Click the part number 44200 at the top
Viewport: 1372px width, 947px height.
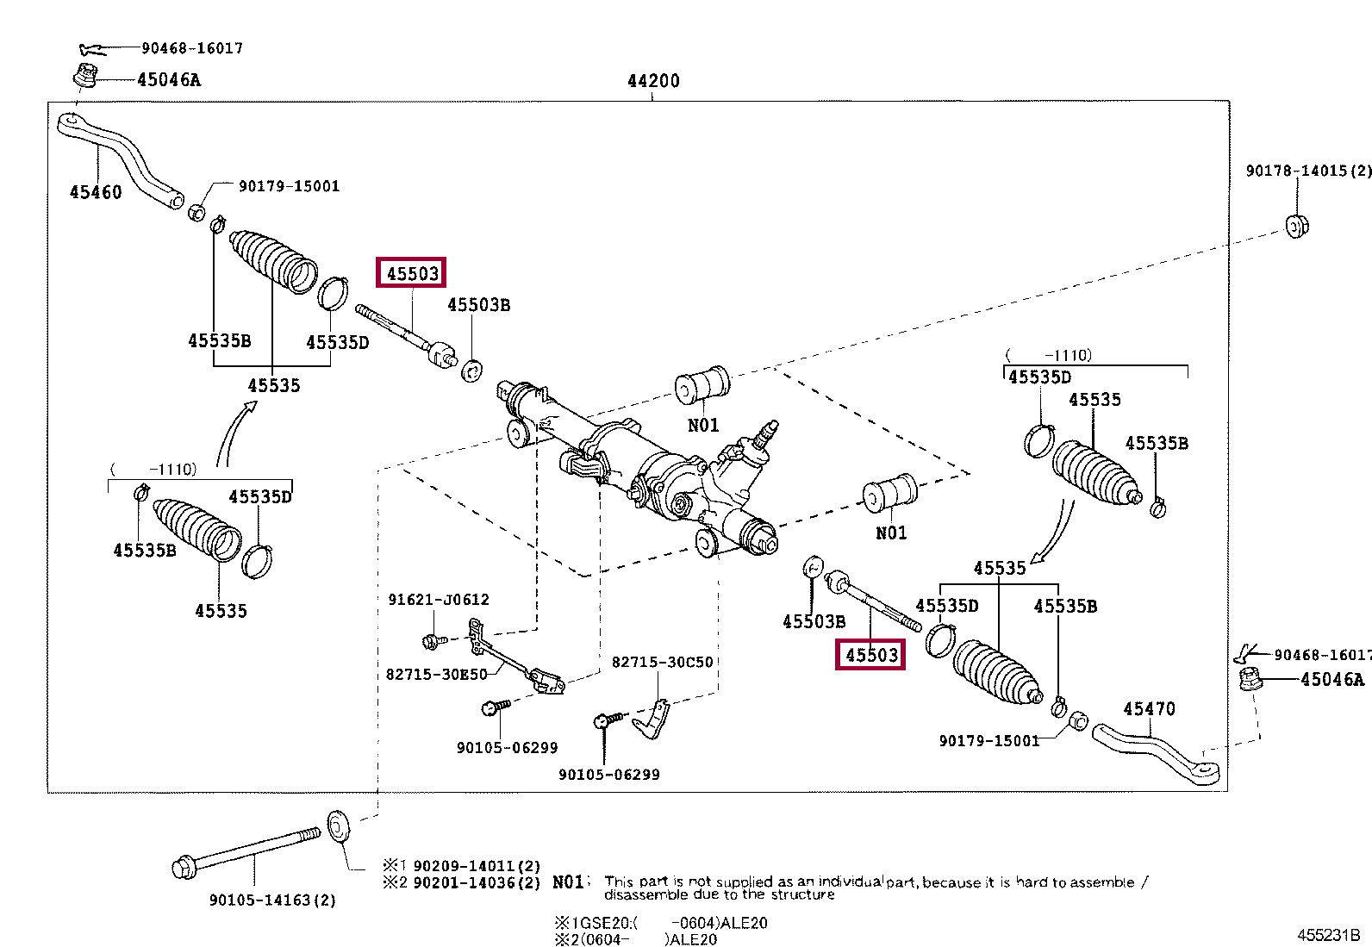coord(653,81)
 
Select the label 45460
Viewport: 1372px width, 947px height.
coord(96,192)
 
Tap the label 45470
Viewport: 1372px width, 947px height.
coord(1149,708)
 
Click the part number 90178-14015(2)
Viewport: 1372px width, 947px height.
coord(1308,171)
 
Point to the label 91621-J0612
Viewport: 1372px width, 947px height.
coord(439,599)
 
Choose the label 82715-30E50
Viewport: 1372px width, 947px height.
coord(436,675)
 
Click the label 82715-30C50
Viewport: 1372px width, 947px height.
coord(662,662)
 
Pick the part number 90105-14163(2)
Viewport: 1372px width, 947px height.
coord(272,900)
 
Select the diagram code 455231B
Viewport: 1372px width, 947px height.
coord(1329,935)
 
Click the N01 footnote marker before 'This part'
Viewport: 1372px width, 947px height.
coord(568,882)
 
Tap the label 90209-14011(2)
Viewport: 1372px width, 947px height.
coord(477,866)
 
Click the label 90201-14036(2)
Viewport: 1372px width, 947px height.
coord(477,882)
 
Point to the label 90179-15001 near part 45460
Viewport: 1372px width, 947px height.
coord(289,186)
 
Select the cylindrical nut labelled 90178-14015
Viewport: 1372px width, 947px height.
coord(1296,227)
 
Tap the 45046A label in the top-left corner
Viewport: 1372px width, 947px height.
coord(169,79)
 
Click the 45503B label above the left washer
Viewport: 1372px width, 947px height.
coord(478,305)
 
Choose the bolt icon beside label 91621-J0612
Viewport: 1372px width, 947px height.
coord(434,641)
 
